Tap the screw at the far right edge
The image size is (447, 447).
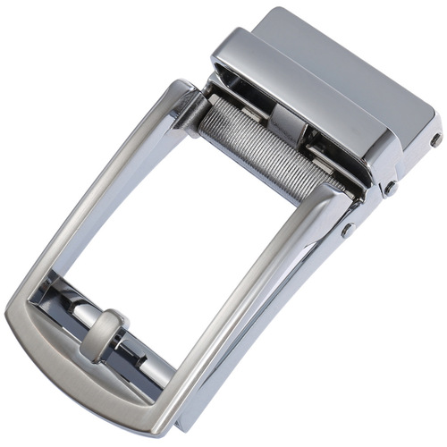click(x=434, y=140)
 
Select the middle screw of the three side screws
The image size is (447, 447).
click(x=390, y=189)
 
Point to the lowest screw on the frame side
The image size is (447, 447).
click(x=346, y=230)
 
